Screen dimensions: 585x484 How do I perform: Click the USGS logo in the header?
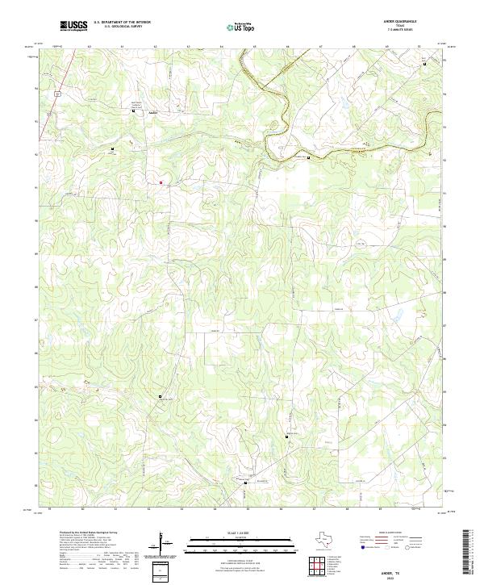click(73, 26)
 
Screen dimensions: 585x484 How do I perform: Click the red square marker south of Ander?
click(161, 182)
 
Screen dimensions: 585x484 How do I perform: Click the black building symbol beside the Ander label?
click(134, 111)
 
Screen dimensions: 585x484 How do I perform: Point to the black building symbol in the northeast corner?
click(425, 65)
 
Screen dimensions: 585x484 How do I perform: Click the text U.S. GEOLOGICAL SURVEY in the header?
click(119, 27)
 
